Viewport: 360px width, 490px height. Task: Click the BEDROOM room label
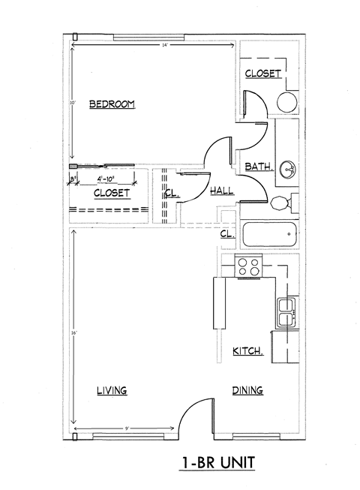pos(112,104)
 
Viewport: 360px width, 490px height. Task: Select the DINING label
pos(247,390)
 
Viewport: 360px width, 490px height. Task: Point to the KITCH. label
pos(247,351)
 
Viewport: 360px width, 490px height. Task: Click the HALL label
pos(221,191)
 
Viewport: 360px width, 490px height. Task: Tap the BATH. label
pos(257,167)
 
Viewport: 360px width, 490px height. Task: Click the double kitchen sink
pos(285,312)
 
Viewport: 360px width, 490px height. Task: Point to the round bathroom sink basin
pos(286,170)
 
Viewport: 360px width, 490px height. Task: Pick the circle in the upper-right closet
pos(286,101)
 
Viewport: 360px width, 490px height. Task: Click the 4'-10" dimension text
pos(109,179)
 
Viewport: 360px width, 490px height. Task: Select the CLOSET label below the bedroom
pos(112,193)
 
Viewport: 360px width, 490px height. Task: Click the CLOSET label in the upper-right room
pos(262,74)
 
